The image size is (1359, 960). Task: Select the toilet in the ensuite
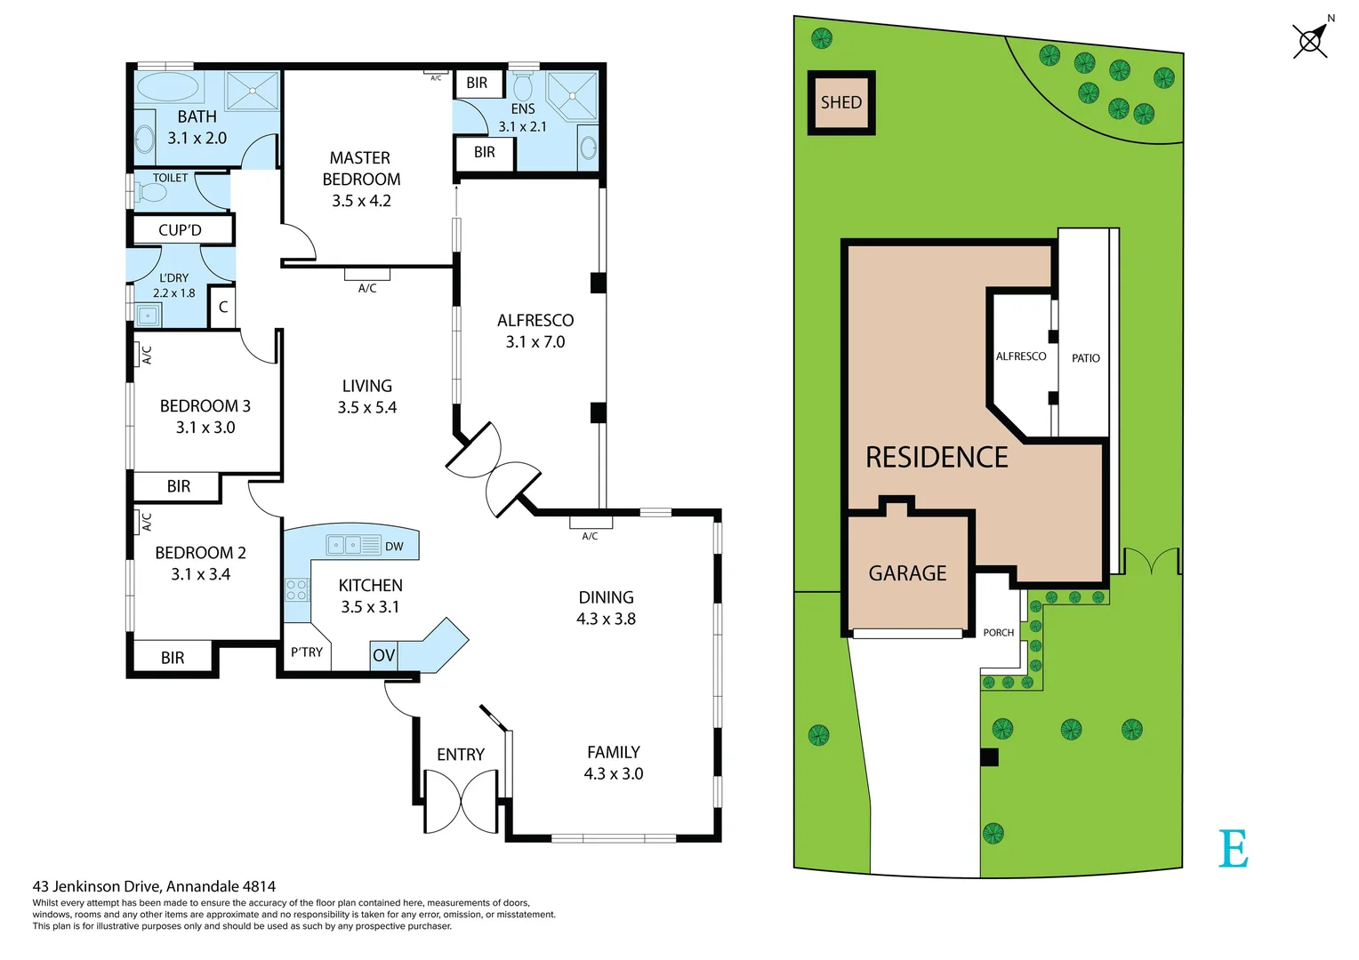click(523, 86)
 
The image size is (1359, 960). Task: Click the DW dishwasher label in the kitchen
click(394, 546)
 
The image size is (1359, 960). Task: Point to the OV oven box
click(383, 656)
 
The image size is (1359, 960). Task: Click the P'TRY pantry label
click(307, 652)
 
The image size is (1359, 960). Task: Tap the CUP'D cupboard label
click(180, 230)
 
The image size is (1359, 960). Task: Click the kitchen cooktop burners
click(297, 589)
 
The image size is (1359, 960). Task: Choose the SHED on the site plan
click(841, 102)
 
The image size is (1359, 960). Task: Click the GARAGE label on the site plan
click(907, 573)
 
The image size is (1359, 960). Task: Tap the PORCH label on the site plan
click(998, 633)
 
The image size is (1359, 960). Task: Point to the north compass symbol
click(1311, 40)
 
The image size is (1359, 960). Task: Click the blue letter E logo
click(1234, 849)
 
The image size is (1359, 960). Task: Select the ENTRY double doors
click(461, 801)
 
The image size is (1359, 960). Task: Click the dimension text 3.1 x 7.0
click(535, 342)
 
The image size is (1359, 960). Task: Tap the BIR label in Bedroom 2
click(173, 658)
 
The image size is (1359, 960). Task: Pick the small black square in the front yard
click(989, 757)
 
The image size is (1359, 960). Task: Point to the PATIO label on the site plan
click(1085, 358)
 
